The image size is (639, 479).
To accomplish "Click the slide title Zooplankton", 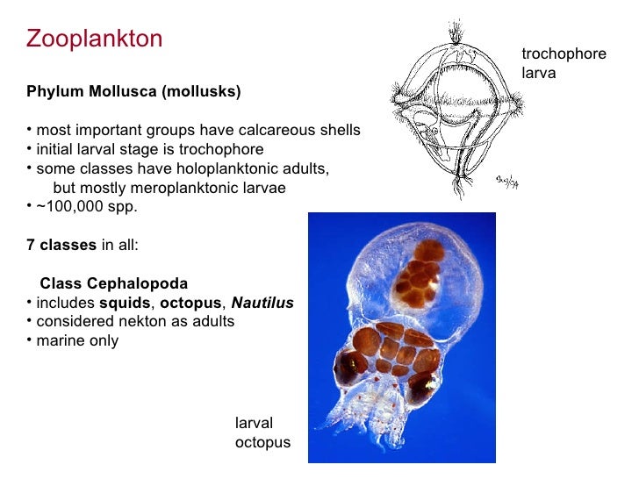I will point(94,39).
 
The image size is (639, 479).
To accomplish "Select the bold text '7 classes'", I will point(61,246).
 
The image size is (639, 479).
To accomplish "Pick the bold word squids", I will point(123,303).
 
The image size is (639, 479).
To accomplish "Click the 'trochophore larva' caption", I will point(563,64).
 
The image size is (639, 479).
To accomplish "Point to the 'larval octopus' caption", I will point(262,433).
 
